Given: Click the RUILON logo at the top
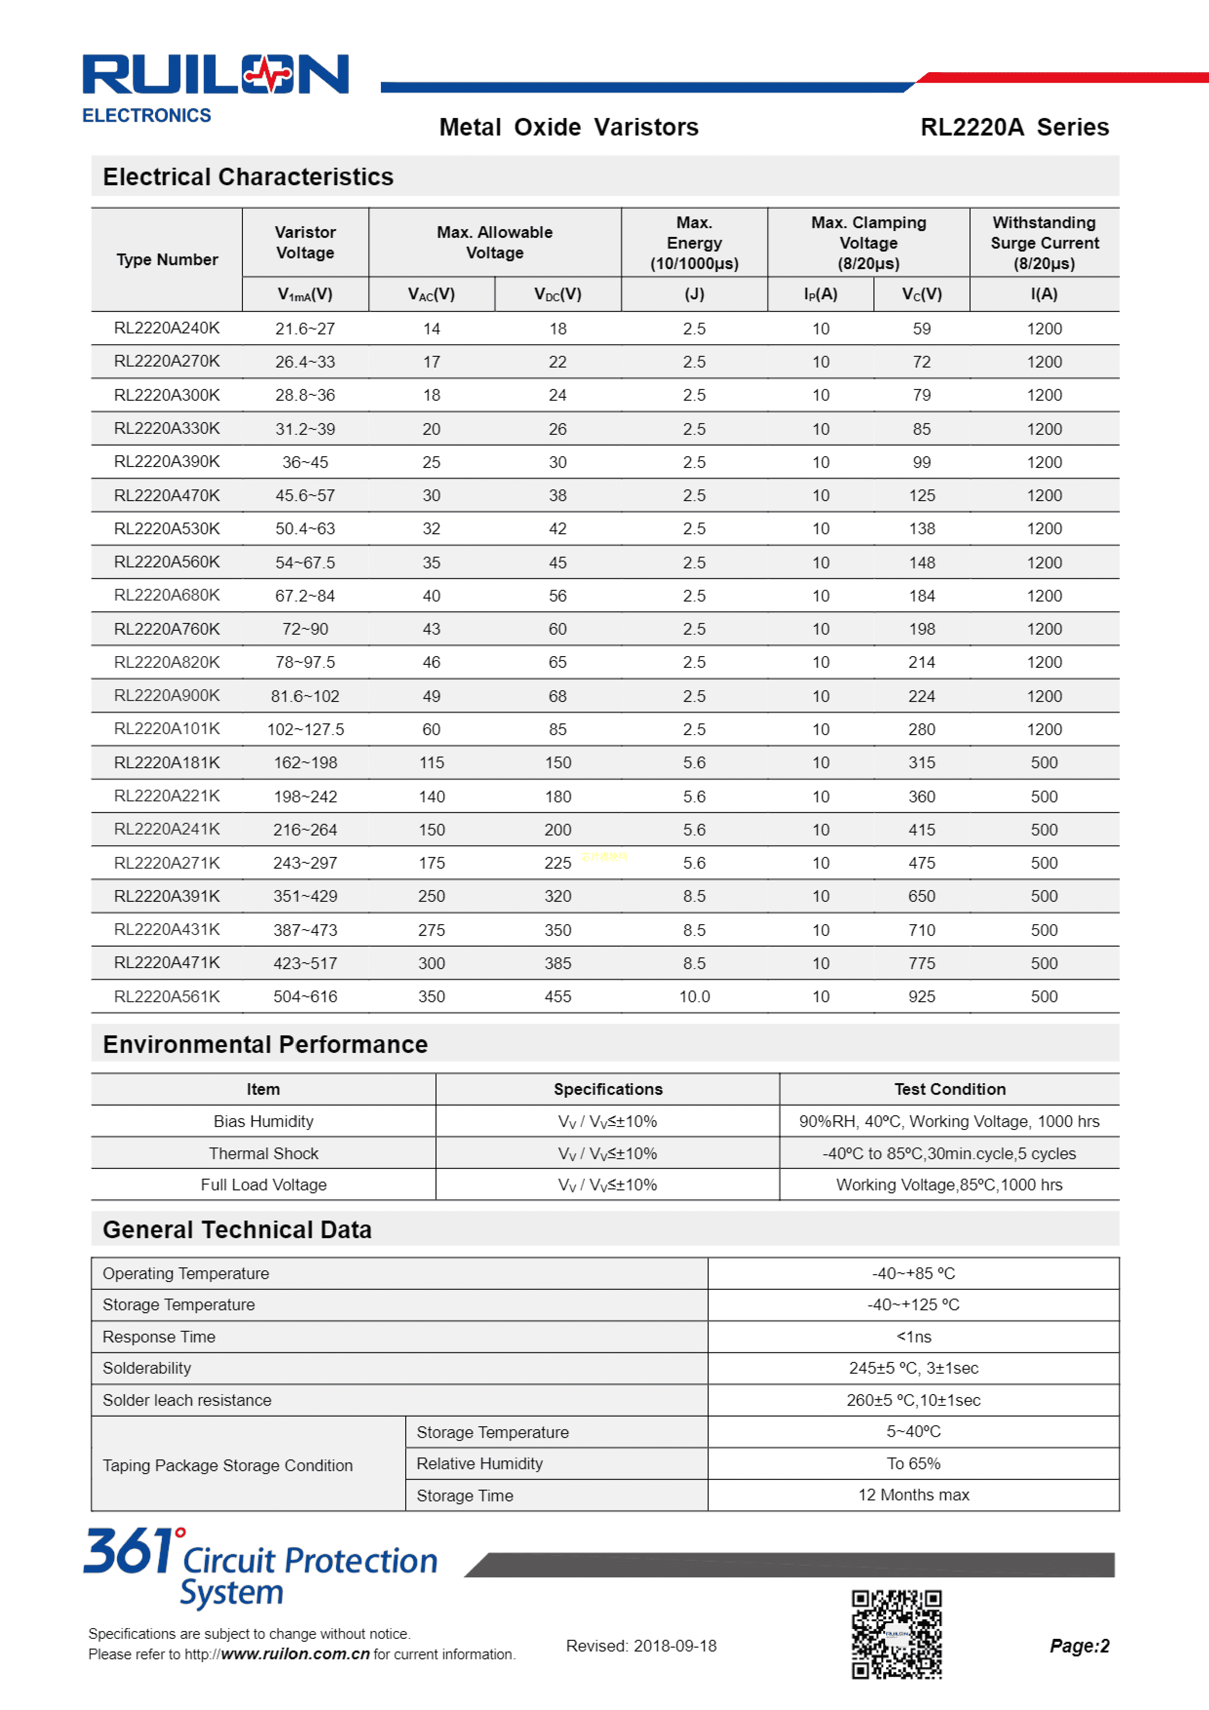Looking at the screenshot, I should click(x=215, y=75).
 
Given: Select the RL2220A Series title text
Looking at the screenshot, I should click(x=1014, y=127).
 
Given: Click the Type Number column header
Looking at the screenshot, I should click(x=167, y=259).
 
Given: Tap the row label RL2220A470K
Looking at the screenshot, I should click(x=167, y=495).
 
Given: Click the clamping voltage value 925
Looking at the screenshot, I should click(x=921, y=996).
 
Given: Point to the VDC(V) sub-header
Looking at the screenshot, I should click(x=557, y=294).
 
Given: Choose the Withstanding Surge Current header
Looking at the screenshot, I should click(x=1044, y=243).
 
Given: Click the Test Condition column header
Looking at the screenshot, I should click(x=949, y=1089).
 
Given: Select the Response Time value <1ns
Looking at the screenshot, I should click(x=913, y=1337).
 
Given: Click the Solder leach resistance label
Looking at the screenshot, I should click(x=187, y=1400).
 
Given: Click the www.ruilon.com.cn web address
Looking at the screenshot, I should click(x=295, y=1654).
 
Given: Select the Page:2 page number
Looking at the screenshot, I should click(x=1079, y=1646).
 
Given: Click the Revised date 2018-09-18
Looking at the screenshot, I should click(x=641, y=1646).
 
